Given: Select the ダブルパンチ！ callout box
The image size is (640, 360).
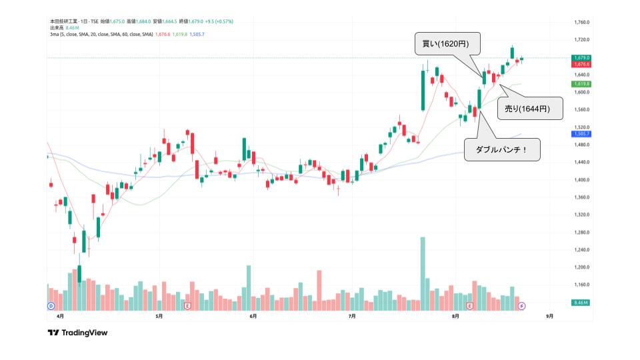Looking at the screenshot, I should pos(501,149).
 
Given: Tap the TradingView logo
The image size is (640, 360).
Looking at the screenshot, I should pos(77,333).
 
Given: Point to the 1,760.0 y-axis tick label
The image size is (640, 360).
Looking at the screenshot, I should pos(582,22).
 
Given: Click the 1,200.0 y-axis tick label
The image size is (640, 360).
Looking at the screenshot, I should pos(582,267).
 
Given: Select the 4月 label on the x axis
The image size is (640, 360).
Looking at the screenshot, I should pos(61,317).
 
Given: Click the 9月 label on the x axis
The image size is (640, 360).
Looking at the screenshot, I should pos(549,317).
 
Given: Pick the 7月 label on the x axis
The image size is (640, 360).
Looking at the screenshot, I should pos(352,317).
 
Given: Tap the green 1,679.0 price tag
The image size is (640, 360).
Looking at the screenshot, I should pos(582,58).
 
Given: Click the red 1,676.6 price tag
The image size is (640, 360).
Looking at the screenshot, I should pos(582,64).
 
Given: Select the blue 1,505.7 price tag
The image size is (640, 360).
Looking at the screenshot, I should pos(582,134).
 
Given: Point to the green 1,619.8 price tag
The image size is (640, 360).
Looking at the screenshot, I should pos(582,84).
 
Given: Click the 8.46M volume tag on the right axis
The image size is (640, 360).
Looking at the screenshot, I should pos(581,303).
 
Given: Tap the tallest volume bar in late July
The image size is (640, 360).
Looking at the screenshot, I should pos(423,273).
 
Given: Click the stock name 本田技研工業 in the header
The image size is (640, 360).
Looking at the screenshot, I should pos(63,21).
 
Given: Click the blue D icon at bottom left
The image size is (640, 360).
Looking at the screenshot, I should pos(51,305).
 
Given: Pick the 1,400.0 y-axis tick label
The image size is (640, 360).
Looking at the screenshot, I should pos(582,180).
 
